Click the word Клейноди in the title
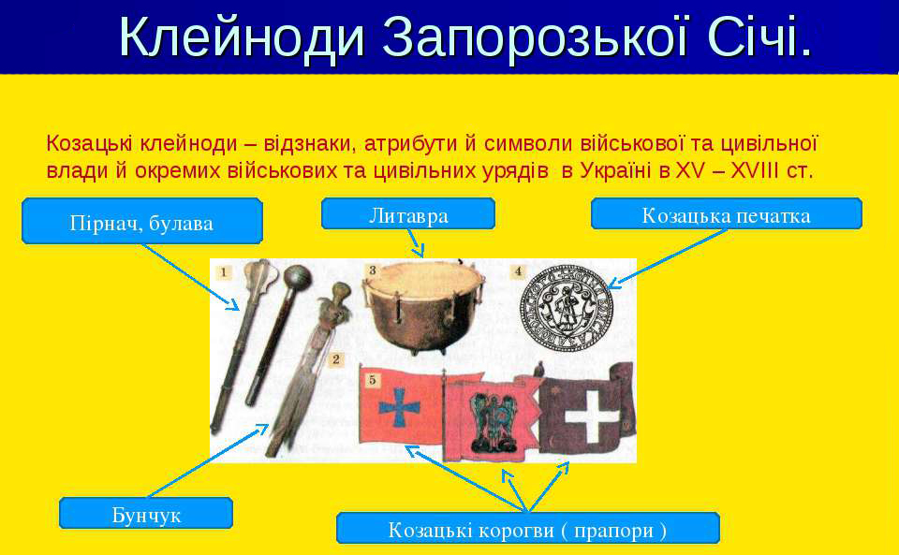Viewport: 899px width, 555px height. (242, 37)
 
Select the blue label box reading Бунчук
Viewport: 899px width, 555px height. (146, 513)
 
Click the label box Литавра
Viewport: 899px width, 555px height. (408, 213)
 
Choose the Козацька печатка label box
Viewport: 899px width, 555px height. (727, 213)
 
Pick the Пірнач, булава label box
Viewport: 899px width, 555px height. (142, 221)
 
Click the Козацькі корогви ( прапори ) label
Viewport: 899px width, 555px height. (528, 528)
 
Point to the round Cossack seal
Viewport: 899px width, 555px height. (566, 305)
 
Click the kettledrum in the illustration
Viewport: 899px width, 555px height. (422, 309)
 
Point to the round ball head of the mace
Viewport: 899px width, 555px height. (298, 278)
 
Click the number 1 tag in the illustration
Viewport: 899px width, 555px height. (224, 271)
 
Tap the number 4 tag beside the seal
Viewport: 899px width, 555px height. (518, 270)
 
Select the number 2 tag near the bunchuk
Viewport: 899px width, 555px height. (336, 359)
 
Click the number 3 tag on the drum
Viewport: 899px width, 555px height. (372, 270)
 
